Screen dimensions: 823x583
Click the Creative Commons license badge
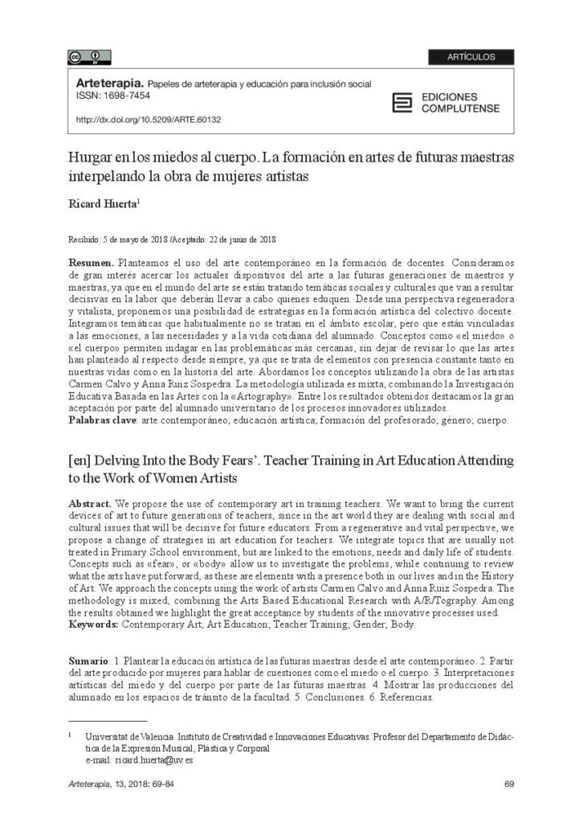[89, 57]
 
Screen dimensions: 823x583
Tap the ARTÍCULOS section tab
[471, 57]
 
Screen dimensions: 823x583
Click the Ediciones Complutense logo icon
[402, 102]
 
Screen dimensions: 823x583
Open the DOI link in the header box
[148, 120]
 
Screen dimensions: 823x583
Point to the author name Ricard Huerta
[103, 205]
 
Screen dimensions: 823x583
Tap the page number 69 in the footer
[509, 784]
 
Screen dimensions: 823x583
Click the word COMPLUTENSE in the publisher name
[460, 109]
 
